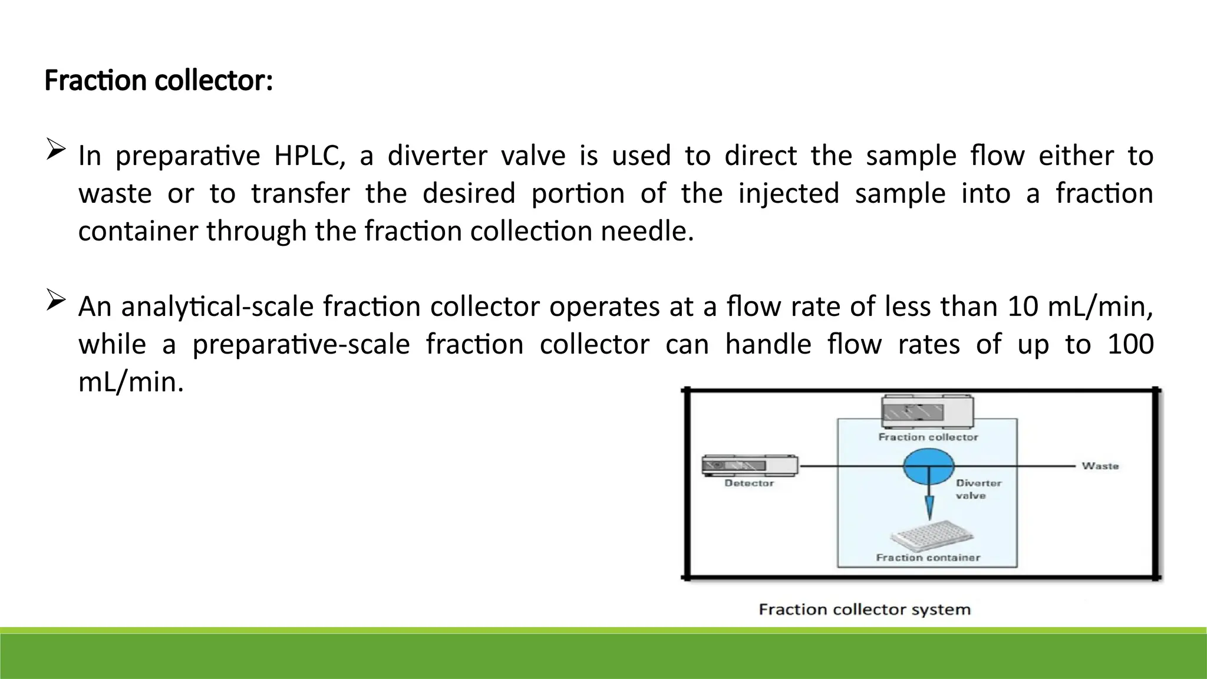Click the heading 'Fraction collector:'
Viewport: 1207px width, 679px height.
click(159, 81)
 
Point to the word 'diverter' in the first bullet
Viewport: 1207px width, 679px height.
click(437, 156)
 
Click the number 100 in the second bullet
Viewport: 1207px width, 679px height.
click(1130, 344)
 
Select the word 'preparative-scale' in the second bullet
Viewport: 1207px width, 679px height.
click(301, 345)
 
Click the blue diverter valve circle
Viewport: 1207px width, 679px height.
click(928, 466)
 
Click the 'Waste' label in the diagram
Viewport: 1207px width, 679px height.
click(1100, 466)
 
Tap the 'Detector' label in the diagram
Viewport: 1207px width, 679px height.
click(749, 483)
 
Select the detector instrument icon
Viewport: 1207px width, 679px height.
click(749, 465)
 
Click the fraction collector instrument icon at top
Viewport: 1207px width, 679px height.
click(927, 411)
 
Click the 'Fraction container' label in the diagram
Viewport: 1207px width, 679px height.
click(928, 558)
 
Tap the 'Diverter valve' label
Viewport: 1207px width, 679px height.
click(978, 489)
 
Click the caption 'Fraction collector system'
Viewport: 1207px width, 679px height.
click(864, 609)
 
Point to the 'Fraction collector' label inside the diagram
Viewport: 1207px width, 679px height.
click(928, 437)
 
